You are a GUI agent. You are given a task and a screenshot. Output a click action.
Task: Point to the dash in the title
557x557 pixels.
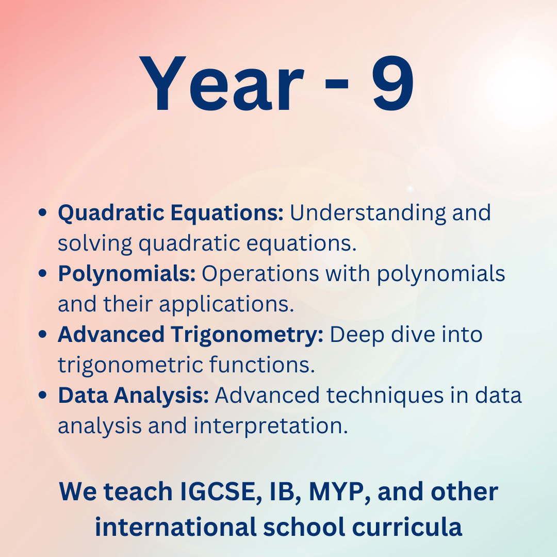click(337, 84)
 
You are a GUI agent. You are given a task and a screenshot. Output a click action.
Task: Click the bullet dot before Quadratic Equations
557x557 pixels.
click(42, 212)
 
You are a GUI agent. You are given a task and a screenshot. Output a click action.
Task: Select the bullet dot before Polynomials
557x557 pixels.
click(42, 273)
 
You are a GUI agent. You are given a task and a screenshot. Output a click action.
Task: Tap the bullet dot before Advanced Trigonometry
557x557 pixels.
click(42, 335)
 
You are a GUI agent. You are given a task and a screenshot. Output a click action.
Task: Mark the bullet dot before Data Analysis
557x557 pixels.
click(42, 396)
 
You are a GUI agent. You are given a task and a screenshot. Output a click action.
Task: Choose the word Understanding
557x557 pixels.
click(368, 214)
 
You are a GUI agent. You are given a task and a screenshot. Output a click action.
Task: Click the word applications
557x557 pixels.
click(226, 305)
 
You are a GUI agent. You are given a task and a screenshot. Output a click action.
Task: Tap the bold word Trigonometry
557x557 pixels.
click(247, 336)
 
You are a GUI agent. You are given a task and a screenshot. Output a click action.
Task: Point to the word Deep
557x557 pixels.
click(357, 336)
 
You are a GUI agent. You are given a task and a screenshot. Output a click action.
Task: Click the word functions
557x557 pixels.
click(262, 365)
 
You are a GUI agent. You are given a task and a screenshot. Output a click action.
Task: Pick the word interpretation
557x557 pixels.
click(271, 427)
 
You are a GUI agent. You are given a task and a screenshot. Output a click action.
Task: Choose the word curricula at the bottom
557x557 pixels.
click(407, 527)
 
